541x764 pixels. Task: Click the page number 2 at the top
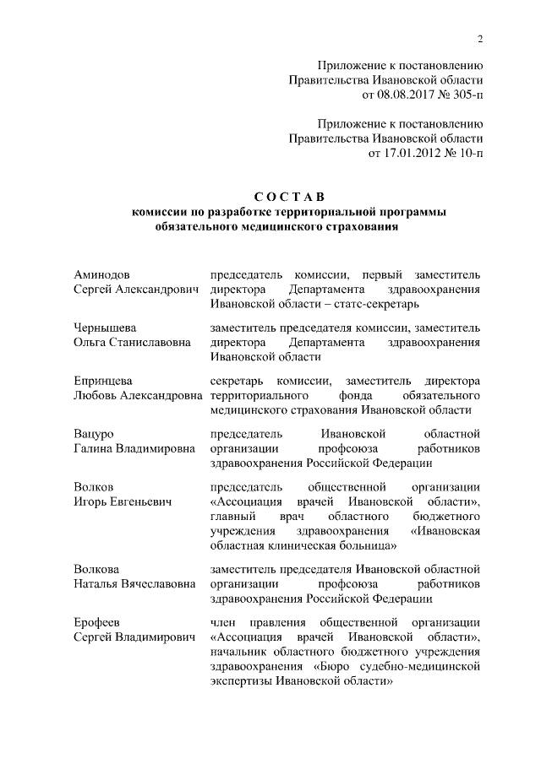tap(478, 38)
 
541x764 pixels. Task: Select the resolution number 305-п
tap(466, 95)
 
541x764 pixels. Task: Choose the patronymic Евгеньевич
tap(139, 501)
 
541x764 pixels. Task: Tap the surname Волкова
tap(96, 570)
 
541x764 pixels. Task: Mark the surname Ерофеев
tap(97, 622)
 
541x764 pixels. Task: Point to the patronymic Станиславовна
tap(150, 342)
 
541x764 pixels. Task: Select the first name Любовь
tap(97, 395)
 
